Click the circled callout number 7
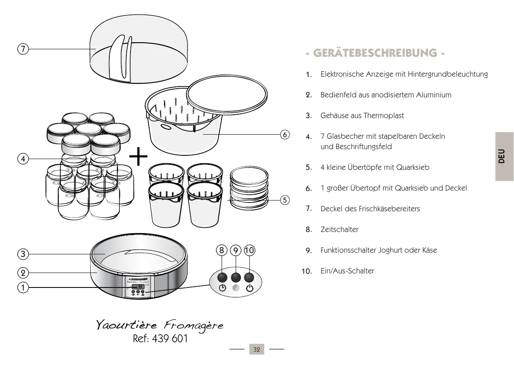(23, 49)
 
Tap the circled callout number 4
(23, 159)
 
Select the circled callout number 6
(284, 135)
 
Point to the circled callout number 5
(284, 200)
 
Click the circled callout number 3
(23, 254)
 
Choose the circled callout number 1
(23, 287)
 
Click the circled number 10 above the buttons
(249, 250)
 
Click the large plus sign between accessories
(138, 158)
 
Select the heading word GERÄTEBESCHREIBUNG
(375, 53)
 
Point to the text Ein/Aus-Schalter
(347, 271)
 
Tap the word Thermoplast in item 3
(384, 116)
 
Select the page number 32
(257, 350)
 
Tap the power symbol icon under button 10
(249, 289)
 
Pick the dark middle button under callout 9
(236, 277)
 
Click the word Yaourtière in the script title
(122, 325)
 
